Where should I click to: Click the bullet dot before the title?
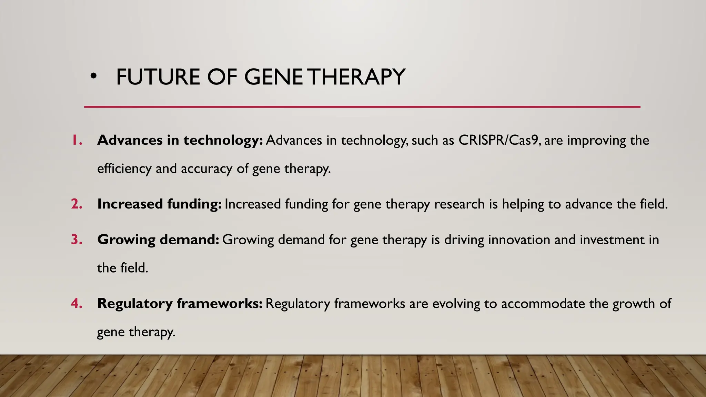(93, 76)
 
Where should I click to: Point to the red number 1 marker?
(77, 140)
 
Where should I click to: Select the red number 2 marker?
(77, 204)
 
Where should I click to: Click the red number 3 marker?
(77, 240)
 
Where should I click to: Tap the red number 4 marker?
(77, 304)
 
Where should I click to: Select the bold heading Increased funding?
(159, 204)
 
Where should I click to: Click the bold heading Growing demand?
(158, 240)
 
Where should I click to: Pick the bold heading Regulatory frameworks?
(180, 304)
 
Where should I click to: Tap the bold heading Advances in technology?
(180, 140)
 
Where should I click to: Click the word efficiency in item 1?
(124, 169)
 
